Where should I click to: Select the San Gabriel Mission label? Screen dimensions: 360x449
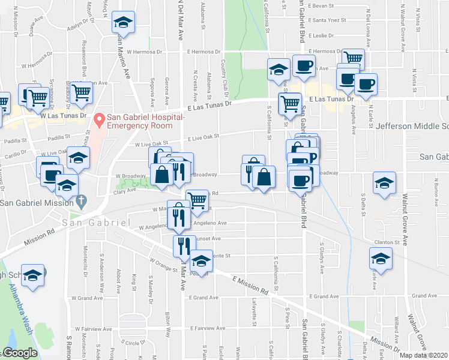(x=36, y=202)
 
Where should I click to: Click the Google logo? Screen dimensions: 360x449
(x=20, y=353)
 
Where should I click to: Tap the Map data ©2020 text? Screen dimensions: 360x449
(x=423, y=355)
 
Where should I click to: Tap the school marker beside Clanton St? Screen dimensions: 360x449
(x=381, y=259)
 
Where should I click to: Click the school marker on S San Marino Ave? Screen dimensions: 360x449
(x=123, y=22)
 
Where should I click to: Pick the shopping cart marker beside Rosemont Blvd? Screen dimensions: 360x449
(x=80, y=92)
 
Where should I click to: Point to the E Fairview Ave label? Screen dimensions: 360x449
(x=207, y=329)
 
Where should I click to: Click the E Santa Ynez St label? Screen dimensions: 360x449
(x=327, y=20)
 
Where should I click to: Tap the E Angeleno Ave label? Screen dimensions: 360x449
(x=209, y=223)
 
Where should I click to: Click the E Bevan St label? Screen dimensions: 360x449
(x=320, y=5)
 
